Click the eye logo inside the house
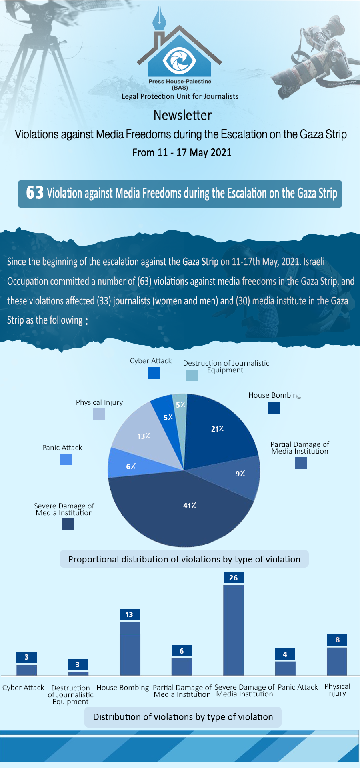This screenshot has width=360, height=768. tap(179, 60)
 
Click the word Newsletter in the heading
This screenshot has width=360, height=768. tap(182, 115)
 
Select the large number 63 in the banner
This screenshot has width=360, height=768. tap(35, 193)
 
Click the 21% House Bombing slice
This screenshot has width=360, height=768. tap(218, 432)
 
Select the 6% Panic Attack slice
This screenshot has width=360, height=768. tap(128, 464)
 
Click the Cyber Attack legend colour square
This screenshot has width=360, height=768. tap(154, 373)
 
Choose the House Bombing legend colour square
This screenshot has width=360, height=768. tap(274, 408)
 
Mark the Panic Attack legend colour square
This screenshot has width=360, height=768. tap(66, 459)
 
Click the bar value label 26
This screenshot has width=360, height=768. tap(234, 578)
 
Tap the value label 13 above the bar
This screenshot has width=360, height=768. tap(130, 615)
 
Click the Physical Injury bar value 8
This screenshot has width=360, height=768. tap(337, 640)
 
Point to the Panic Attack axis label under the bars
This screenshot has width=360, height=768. tap(298, 687)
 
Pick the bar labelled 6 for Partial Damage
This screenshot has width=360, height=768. tap(182, 666)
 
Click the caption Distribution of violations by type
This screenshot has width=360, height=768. tap(183, 717)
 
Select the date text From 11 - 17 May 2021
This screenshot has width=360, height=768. tap(182, 152)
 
